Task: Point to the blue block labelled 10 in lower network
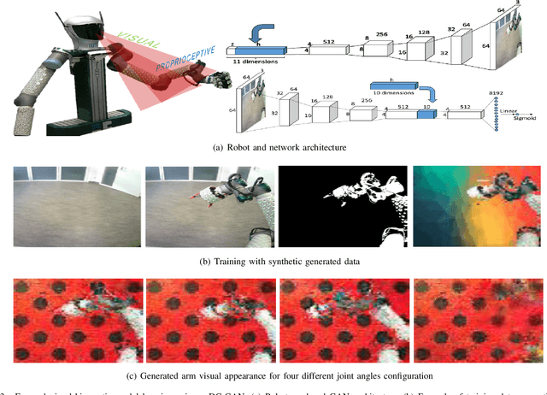[421, 116]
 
